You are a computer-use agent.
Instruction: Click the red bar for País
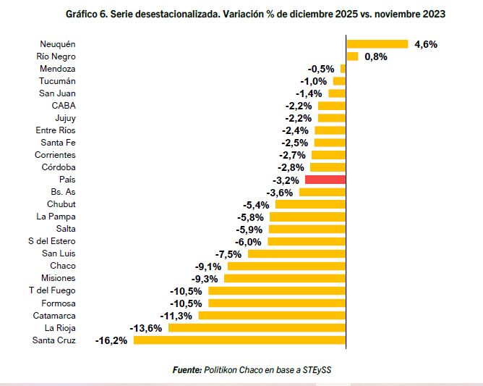coord(325,179)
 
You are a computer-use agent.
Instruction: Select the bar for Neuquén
coord(377,44)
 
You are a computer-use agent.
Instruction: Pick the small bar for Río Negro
coord(352,56)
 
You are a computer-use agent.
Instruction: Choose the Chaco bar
coord(288,266)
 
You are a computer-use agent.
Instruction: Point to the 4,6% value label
coord(426,44)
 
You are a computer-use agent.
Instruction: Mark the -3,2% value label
coord(286,179)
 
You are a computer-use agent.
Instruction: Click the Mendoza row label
coord(58,69)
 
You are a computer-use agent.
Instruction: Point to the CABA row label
coord(64,106)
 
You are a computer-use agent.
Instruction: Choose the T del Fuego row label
coord(52,290)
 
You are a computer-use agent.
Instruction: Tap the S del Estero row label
coord(51,241)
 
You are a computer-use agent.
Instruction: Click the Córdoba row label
coord(59,167)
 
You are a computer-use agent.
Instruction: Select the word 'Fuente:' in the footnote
coord(187,370)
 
